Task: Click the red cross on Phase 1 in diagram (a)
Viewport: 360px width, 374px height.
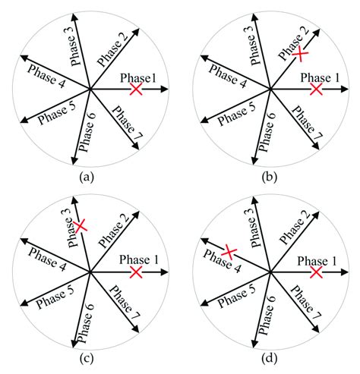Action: pos(136,90)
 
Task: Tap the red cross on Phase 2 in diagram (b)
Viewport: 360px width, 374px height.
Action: pos(300,54)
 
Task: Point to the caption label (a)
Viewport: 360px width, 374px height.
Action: pos(90,179)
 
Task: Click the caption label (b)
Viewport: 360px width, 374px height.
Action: pos(270,179)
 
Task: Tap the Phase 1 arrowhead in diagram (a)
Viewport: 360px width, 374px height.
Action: pos(165,90)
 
